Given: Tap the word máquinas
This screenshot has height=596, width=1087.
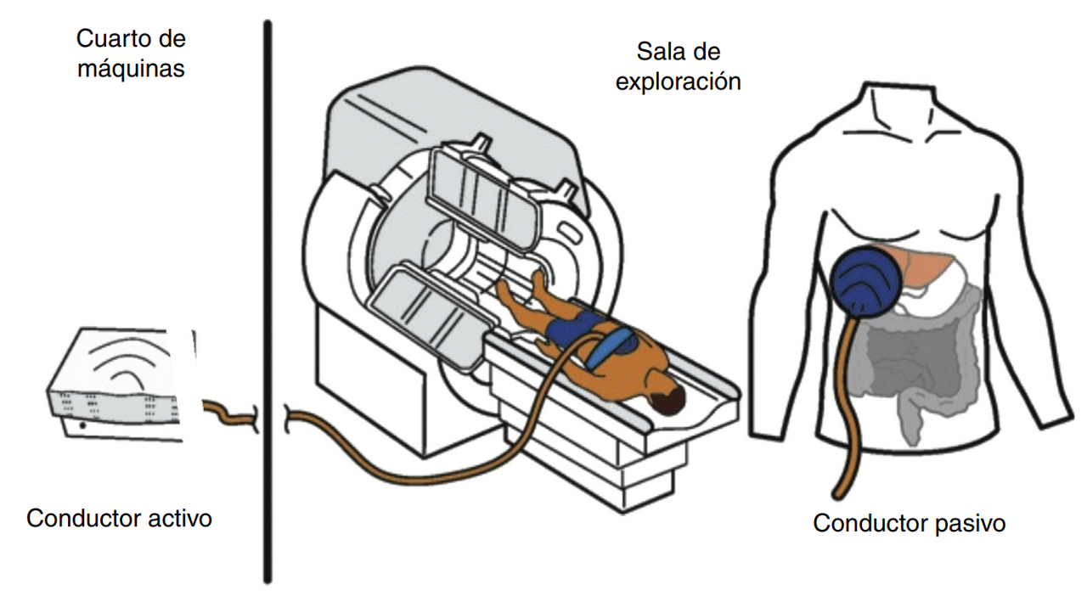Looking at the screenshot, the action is [x=131, y=69].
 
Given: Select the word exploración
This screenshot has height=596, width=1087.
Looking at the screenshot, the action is [x=678, y=82].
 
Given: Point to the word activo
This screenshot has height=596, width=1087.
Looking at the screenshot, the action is [x=180, y=518].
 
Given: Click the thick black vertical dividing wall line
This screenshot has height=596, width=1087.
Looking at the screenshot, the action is [x=268, y=301].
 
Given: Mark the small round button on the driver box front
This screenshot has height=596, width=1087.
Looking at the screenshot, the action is [x=83, y=425].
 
